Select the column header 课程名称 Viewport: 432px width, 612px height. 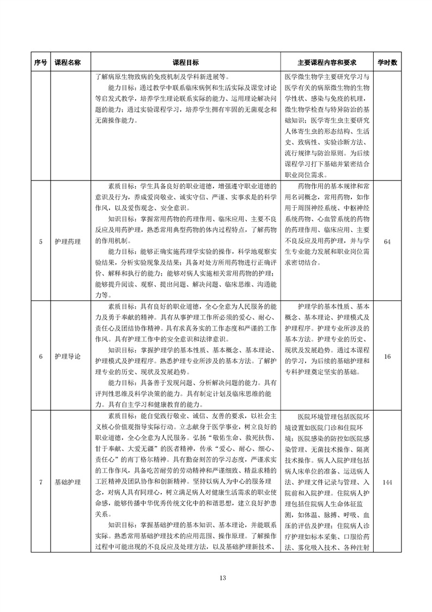[68, 63]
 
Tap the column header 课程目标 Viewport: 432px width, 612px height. [186, 63]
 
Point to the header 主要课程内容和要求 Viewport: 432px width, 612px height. [326, 63]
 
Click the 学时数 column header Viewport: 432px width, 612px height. [387, 63]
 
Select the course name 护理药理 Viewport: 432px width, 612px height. [68, 242]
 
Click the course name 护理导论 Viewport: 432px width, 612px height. [68, 356]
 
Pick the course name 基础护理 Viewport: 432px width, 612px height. [68, 482]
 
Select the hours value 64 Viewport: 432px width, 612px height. [387, 242]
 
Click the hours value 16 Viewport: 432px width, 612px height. [387, 356]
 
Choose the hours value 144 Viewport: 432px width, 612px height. [387, 482]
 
